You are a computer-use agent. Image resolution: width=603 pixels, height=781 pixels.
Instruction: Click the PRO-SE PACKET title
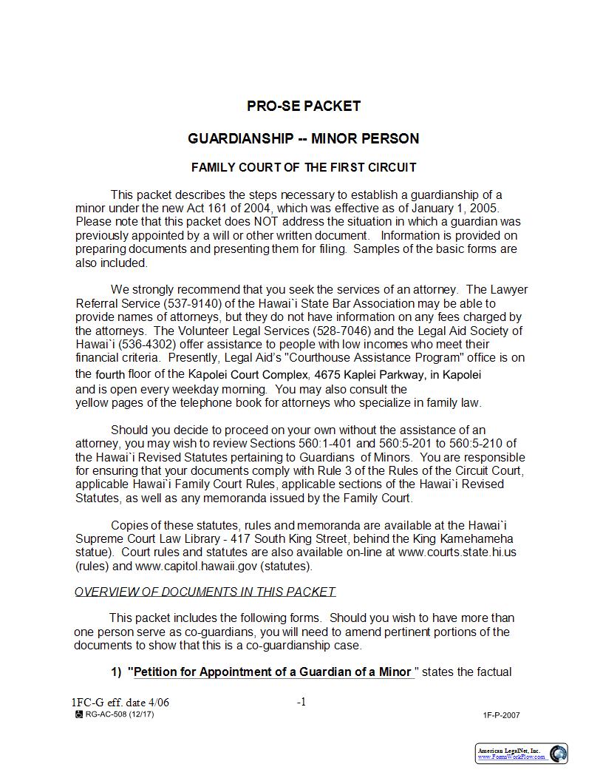(303, 106)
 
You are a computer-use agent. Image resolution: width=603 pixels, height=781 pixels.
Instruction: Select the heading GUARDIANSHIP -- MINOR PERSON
(303, 138)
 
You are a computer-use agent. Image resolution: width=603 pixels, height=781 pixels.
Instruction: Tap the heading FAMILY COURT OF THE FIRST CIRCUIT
(303, 167)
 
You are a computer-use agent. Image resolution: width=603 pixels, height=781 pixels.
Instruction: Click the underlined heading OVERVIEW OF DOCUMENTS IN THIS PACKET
(205, 592)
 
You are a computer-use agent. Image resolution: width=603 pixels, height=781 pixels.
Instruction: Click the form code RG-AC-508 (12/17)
(119, 714)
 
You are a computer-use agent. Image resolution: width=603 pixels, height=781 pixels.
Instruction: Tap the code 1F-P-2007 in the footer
(502, 715)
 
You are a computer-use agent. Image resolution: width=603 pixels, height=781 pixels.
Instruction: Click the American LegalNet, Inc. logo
(521, 754)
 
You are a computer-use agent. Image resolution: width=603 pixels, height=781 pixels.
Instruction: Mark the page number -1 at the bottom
(301, 702)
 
